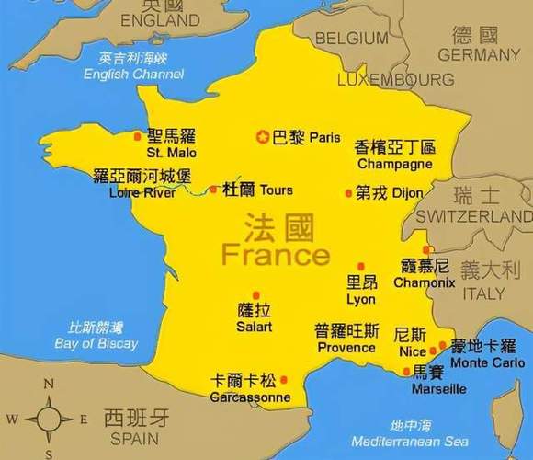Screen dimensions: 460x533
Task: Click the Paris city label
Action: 324,137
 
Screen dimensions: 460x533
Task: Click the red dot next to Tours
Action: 213,190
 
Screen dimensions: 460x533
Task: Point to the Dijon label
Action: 407,193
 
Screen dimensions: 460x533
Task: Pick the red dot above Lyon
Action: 361,267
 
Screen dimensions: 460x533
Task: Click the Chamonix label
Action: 424,282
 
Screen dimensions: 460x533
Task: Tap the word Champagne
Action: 394,164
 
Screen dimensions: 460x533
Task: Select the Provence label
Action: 346,348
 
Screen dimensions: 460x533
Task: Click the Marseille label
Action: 438,388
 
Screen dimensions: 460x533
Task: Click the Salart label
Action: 254,327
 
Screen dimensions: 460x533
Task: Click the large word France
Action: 276,253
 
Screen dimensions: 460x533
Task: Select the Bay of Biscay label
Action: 96,343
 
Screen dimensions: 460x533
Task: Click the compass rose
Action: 50,419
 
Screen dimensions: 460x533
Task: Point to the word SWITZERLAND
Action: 474,215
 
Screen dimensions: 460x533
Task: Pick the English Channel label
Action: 132,74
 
